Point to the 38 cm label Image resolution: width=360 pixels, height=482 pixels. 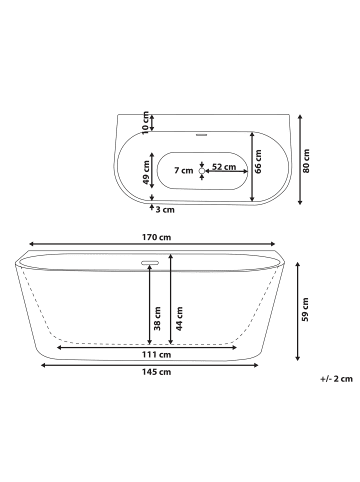[157, 319]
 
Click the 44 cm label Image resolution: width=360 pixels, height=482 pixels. [179, 319]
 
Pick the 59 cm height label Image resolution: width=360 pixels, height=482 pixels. [305, 310]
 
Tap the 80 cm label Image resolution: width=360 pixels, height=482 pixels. [306, 161]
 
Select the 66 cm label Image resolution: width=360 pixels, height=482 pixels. [258, 161]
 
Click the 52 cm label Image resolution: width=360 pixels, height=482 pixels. [224, 167]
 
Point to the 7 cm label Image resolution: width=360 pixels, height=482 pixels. [184, 171]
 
